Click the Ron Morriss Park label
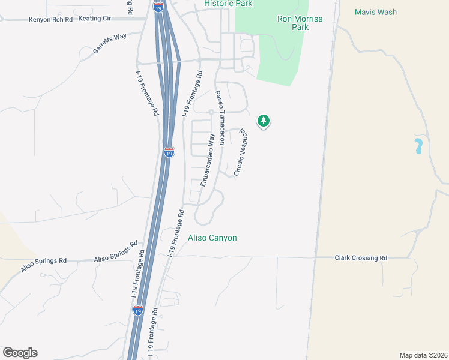tap(300, 23)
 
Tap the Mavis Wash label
tap(376, 12)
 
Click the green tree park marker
tap(263, 121)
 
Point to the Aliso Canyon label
tap(212, 238)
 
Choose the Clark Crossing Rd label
tap(361, 258)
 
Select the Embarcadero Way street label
tap(207, 160)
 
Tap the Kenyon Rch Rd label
tap(50, 20)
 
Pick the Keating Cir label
tap(95, 19)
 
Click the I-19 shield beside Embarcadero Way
tap(169, 152)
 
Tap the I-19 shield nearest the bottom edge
tap(138, 310)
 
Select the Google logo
tap(20, 353)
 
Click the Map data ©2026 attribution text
tap(423, 355)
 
